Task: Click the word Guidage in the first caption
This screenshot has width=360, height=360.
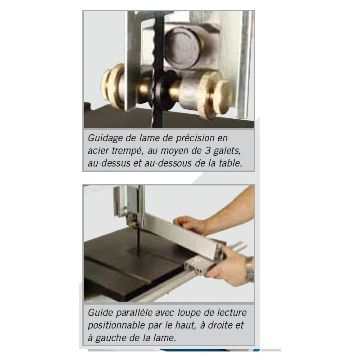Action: coord(105,139)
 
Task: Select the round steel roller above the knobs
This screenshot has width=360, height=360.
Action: coord(183,47)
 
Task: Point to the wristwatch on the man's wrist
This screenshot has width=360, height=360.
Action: coord(249,270)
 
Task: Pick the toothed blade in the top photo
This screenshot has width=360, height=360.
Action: coord(158,69)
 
